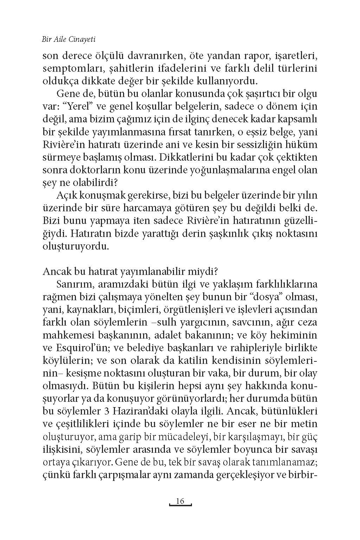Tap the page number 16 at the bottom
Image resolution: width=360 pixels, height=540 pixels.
pos(180,501)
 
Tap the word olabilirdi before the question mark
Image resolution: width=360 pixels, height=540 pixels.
pos(86,183)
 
